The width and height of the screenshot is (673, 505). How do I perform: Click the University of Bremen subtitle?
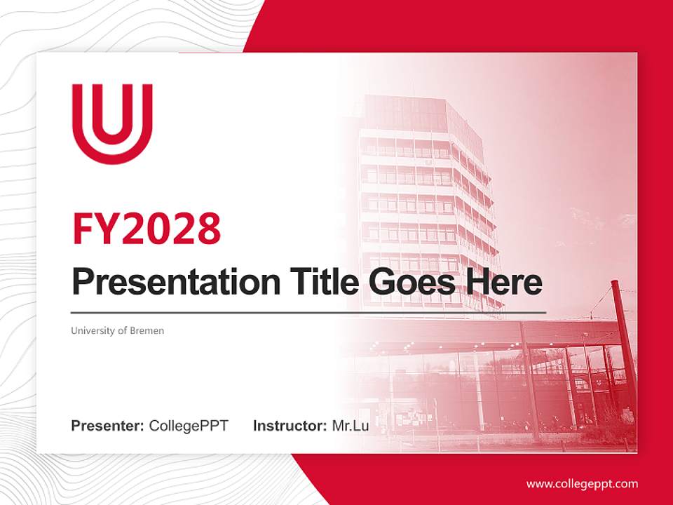click(117, 330)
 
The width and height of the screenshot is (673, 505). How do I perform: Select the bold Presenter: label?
click(108, 426)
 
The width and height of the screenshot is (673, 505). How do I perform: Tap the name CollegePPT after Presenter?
click(189, 426)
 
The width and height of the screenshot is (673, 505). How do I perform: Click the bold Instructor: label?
click(290, 426)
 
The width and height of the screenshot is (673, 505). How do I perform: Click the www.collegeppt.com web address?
click(582, 484)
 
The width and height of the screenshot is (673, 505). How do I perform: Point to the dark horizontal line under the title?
click(308, 312)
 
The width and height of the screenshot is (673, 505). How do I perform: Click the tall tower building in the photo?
click(428, 203)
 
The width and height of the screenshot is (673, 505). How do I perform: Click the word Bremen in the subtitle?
click(147, 330)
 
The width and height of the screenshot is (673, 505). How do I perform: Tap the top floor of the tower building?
click(414, 112)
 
